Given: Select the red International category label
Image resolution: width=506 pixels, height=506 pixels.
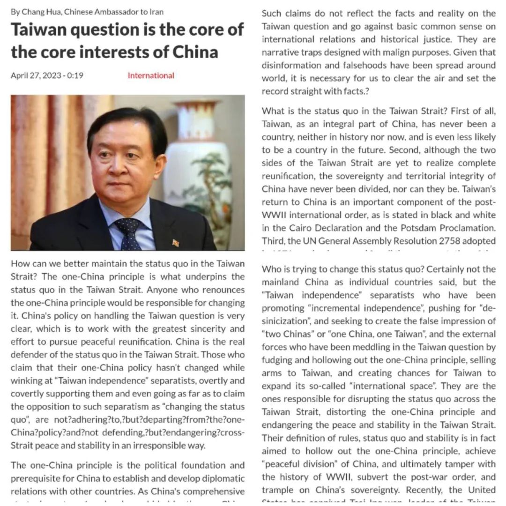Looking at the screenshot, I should point(151,75).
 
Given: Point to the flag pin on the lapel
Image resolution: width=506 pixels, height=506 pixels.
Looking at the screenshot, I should point(176,243).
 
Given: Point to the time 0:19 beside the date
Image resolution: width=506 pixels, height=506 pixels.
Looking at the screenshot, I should point(75,75).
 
